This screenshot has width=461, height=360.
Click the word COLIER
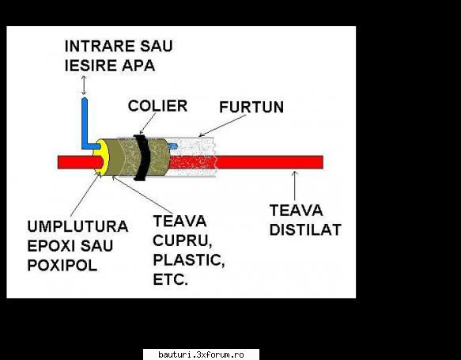click(x=157, y=106)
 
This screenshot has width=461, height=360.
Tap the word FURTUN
click(x=251, y=107)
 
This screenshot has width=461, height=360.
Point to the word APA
click(x=138, y=66)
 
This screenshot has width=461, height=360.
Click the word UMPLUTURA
click(x=77, y=226)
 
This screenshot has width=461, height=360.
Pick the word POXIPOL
click(x=62, y=265)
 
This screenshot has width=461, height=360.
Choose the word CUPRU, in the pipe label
click(x=183, y=241)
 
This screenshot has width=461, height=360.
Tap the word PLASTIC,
click(x=189, y=260)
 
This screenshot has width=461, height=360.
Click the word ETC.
click(x=171, y=279)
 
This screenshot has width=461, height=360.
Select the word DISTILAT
click(x=305, y=229)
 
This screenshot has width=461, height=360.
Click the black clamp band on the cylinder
click(x=142, y=157)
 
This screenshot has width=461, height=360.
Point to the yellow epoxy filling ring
click(x=101, y=157)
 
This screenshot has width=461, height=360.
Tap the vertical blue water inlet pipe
click(x=85, y=122)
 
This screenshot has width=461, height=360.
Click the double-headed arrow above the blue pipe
click(x=84, y=85)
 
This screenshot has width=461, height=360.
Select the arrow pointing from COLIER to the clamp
click(x=148, y=123)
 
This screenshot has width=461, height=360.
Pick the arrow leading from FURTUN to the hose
click(x=222, y=126)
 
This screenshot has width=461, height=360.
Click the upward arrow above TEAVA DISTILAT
click(x=295, y=185)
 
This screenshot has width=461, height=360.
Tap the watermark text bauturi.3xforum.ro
click(x=201, y=354)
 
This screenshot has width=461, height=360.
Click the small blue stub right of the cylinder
click(x=173, y=146)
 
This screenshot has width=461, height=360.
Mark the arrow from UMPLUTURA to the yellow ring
click(x=85, y=194)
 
